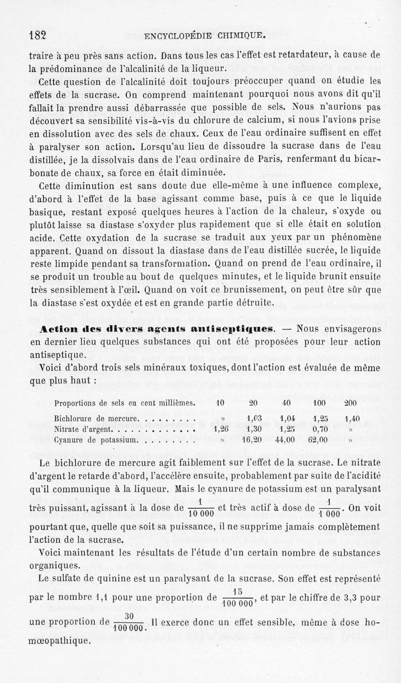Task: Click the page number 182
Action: [x=38, y=35]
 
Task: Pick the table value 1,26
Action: [x=221, y=429]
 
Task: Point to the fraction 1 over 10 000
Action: [x=199, y=508]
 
